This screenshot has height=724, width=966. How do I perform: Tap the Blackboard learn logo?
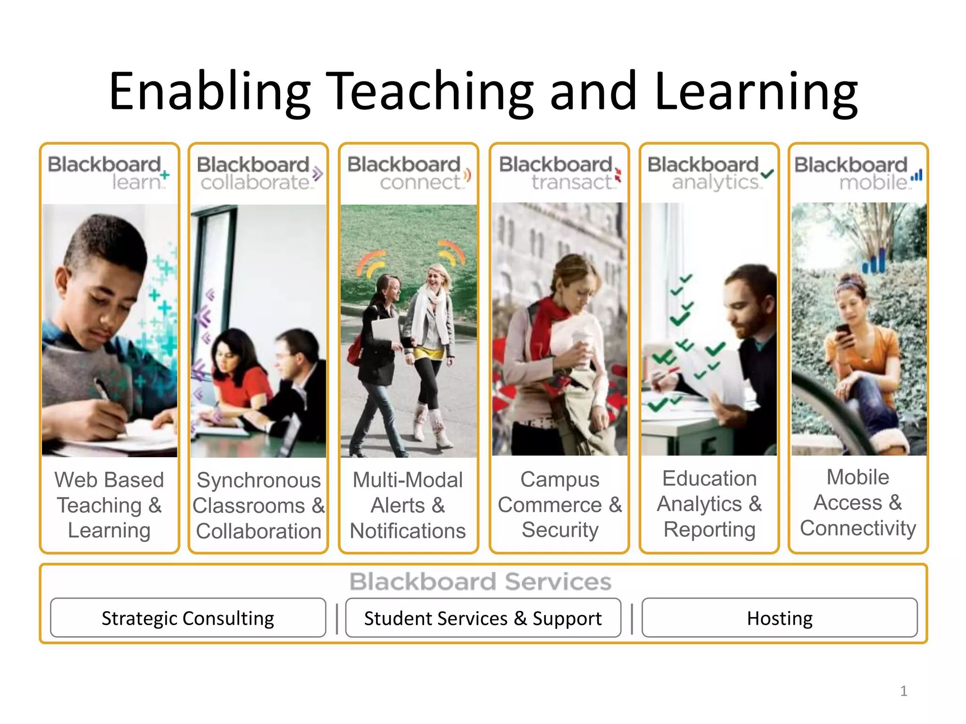108,173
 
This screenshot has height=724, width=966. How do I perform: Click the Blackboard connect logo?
408,173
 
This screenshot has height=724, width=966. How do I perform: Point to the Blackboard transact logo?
559,173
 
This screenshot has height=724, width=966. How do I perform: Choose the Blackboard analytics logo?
709,173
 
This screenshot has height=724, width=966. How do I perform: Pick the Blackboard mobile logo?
858,173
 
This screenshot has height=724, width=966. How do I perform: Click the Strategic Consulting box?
188,618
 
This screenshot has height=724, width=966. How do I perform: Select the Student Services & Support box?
483,618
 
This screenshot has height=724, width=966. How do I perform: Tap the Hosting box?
779,618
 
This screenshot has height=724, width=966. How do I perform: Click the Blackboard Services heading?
480,581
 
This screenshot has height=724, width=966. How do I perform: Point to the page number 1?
903,691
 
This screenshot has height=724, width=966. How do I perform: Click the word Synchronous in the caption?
258,481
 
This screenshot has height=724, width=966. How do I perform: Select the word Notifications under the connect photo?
408,531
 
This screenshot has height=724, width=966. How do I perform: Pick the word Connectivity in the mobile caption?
858,528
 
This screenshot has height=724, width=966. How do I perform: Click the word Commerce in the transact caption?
550,505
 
